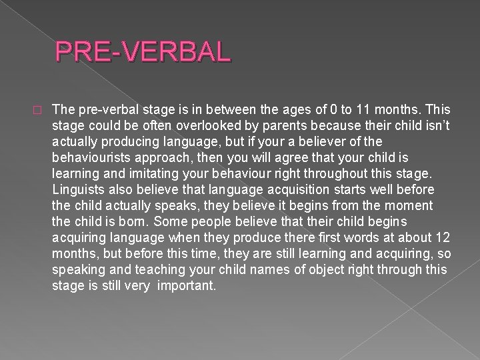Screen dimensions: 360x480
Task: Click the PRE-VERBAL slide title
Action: (x=143, y=51)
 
